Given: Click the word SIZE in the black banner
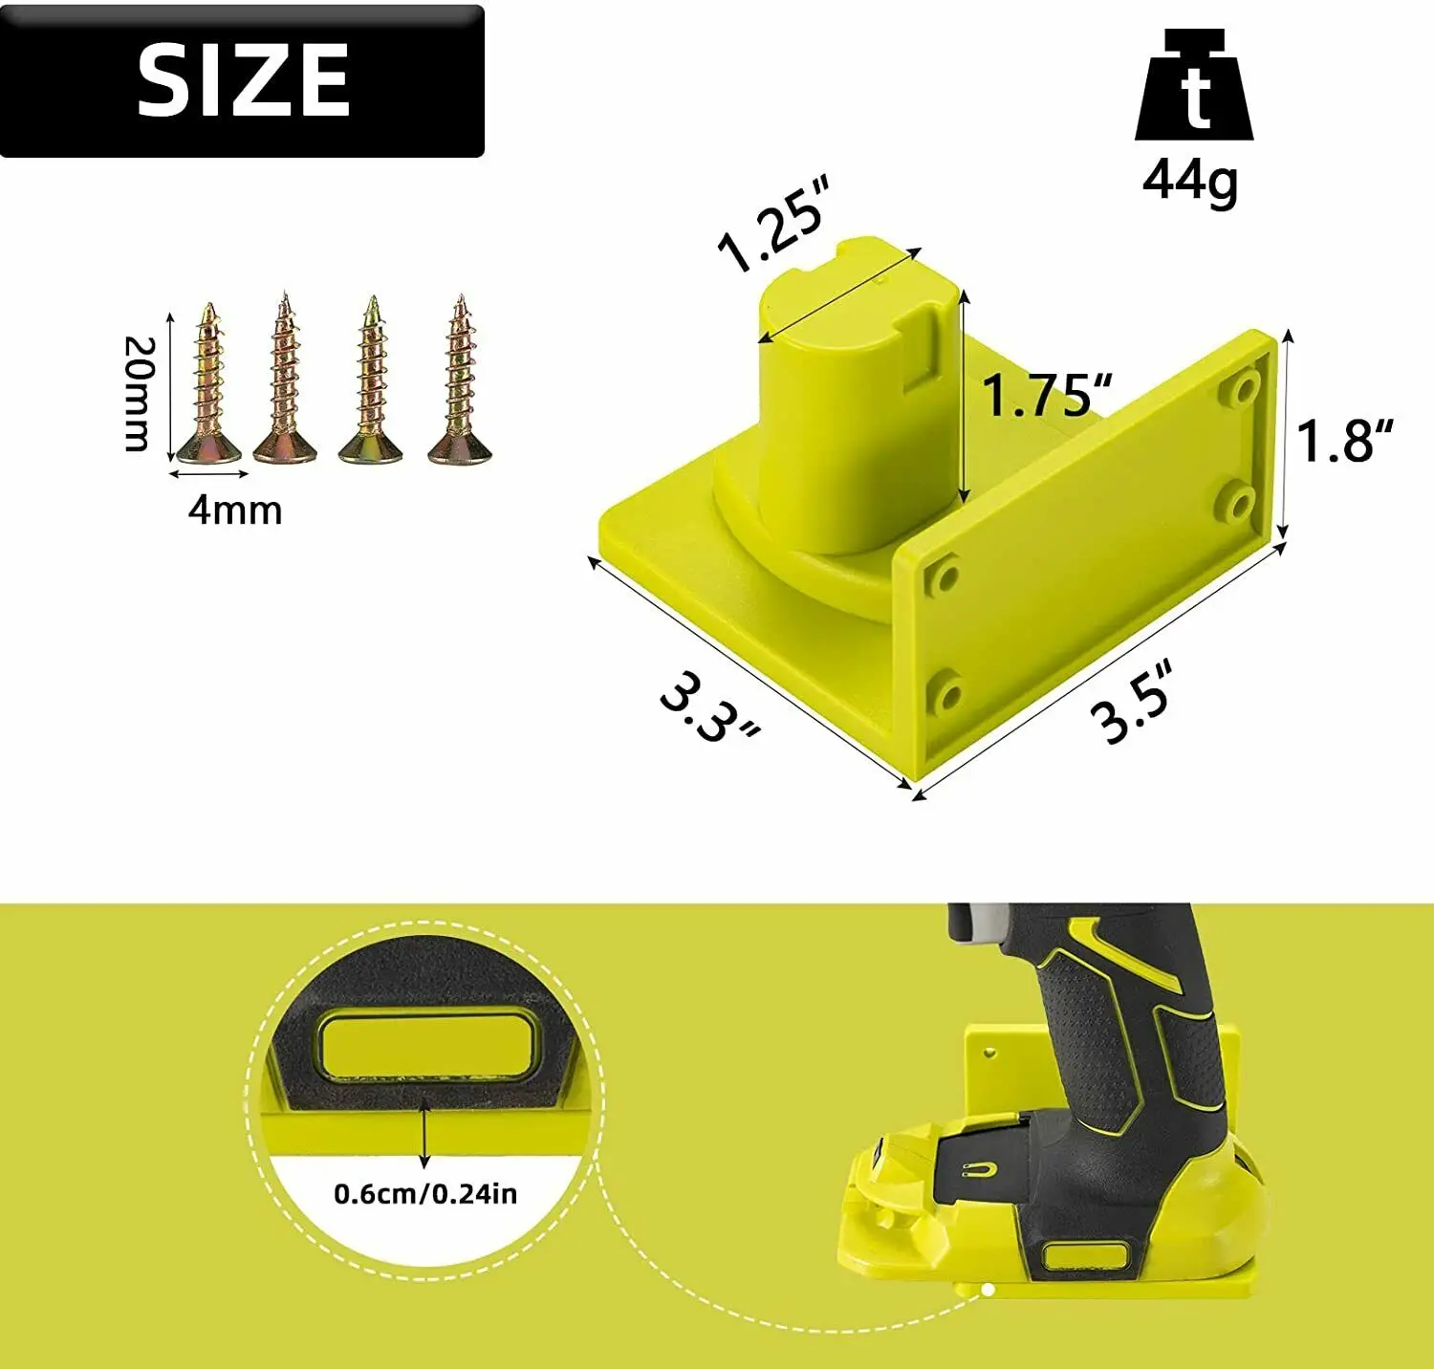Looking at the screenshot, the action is [x=244, y=80].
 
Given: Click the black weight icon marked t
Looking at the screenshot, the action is [x=1194, y=85].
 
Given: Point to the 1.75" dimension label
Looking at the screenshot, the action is [x=1047, y=395].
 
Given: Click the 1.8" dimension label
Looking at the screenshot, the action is [x=1345, y=441].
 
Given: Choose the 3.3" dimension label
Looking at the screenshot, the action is [x=709, y=707].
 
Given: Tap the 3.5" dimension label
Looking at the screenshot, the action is [x=1132, y=702].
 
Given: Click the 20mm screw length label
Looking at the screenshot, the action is [x=139, y=393].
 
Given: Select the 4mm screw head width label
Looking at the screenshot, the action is [x=235, y=511].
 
